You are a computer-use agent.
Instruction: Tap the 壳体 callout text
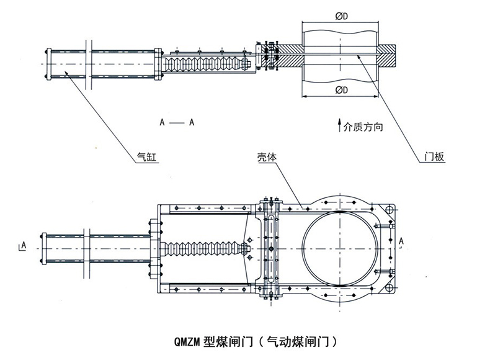tap(267, 157)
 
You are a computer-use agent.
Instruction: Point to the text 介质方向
tap(363, 127)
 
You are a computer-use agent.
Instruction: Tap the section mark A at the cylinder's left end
tap(23, 246)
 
